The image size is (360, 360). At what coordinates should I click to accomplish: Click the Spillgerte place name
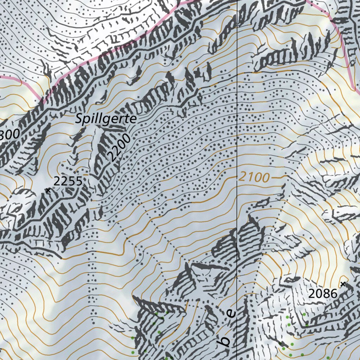pos(106,119)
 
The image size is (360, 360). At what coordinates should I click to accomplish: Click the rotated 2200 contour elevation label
pos(119,148)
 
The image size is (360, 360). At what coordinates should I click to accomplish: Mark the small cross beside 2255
pos(48,190)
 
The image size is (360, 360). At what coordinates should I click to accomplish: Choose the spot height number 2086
pos(323,294)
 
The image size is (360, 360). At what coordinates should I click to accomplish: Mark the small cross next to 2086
pos(343,283)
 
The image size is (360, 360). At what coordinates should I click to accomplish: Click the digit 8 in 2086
pos(327,294)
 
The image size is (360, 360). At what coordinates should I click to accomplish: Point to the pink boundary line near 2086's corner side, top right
pos(346,53)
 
